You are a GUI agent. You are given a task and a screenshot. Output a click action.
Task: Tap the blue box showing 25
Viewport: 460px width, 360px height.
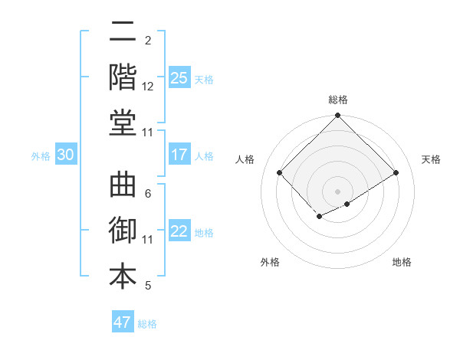[x=179, y=77]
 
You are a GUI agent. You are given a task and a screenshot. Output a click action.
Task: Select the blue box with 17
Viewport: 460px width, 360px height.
[x=179, y=155]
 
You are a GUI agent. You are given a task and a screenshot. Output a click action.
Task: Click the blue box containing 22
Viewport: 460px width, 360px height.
[x=179, y=231]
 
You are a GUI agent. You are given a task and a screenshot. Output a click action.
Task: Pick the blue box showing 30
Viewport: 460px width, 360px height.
[x=66, y=155]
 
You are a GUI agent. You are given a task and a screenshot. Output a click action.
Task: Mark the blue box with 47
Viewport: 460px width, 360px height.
[x=123, y=322]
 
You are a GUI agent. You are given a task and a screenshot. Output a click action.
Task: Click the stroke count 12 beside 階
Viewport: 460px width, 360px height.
[x=148, y=87]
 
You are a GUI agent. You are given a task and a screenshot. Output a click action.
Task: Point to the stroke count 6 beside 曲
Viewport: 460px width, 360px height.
[x=148, y=194]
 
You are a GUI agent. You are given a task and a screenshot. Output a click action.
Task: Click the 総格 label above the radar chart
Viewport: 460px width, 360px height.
[x=338, y=100]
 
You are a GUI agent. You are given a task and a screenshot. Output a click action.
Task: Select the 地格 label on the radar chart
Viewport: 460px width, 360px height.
[x=402, y=262]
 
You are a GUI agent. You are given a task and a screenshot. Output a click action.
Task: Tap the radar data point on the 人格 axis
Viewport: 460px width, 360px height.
[x=280, y=172]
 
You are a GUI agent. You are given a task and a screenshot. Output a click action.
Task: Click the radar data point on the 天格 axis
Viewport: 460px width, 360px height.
[x=396, y=172]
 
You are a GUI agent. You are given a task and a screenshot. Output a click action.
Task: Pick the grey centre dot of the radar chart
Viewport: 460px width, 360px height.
[x=338, y=191]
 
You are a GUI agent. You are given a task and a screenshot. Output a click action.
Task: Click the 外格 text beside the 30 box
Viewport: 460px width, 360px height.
[x=41, y=155]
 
